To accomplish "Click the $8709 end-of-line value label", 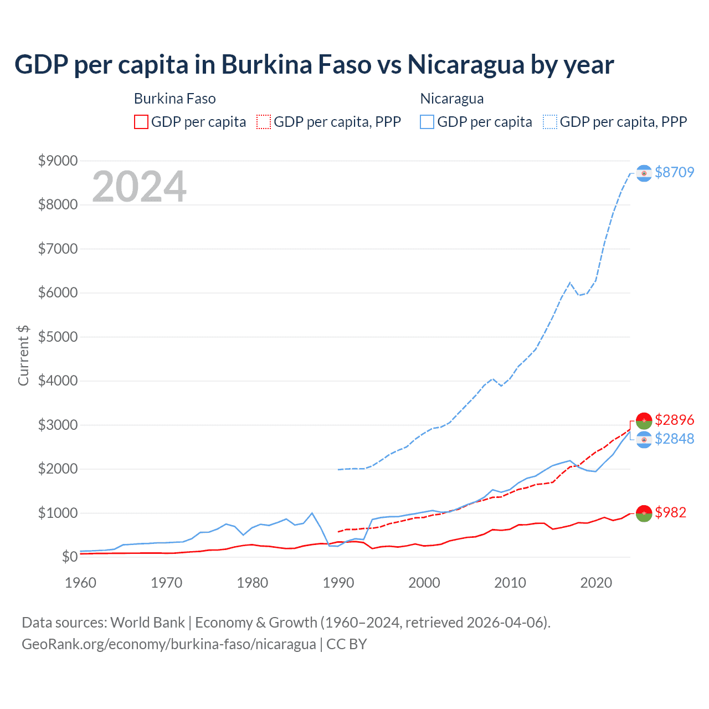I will pyautogui.click(x=674, y=172).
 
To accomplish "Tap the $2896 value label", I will pyautogui.click(x=674, y=420).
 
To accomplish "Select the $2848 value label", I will pyautogui.click(x=674, y=439).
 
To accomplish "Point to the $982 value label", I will pyautogui.click(x=670, y=512).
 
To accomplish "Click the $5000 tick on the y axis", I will pyautogui.click(x=58, y=337).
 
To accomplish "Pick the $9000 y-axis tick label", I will pyautogui.click(x=58, y=161).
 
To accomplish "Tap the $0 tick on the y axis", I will pyautogui.click(x=69, y=557).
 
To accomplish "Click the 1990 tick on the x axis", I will pyautogui.click(x=338, y=583).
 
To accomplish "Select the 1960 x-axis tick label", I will pyautogui.click(x=81, y=583).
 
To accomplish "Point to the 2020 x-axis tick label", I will pyautogui.click(x=596, y=583).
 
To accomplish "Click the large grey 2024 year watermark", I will pyautogui.click(x=139, y=187).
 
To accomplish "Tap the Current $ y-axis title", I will pyautogui.click(x=23, y=356).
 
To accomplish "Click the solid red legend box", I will pyautogui.click(x=141, y=122).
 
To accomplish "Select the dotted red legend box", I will pyautogui.click(x=264, y=122).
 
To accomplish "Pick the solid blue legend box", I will pyautogui.click(x=427, y=122).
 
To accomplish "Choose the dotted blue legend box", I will pyautogui.click(x=550, y=122).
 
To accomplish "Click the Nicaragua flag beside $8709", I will pyautogui.click(x=644, y=173).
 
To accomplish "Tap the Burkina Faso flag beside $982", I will pyautogui.click(x=644, y=513).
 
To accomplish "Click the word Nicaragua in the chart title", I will pyautogui.click(x=465, y=65).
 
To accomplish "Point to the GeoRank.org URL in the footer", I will pyautogui.click(x=168, y=644).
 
